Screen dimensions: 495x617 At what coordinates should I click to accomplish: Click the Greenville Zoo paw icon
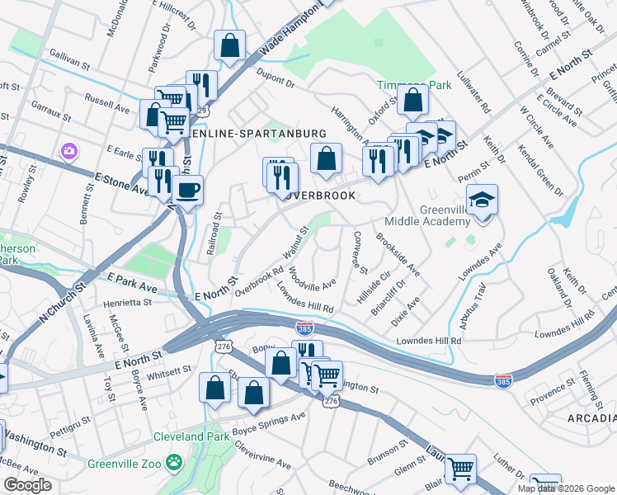click(173, 461)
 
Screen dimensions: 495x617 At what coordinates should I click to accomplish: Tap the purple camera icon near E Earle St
click(68, 151)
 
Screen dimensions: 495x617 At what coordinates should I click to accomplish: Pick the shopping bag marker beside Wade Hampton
click(229, 46)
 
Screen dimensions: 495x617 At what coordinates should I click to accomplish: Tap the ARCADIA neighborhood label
click(591, 420)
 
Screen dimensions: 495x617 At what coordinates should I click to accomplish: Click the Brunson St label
click(384, 455)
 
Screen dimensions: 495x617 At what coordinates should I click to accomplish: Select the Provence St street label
click(552, 399)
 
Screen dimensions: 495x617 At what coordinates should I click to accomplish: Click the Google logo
click(28, 485)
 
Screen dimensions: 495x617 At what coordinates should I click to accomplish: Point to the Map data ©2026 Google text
click(565, 488)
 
